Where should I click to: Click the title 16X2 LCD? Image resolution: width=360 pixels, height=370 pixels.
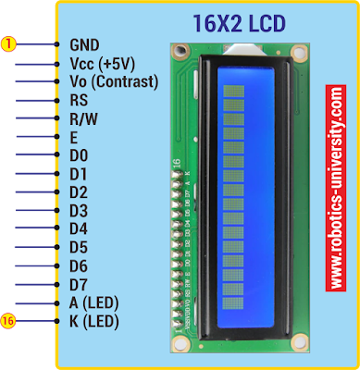(x=240, y=23)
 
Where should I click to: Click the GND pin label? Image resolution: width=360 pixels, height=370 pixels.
(x=84, y=43)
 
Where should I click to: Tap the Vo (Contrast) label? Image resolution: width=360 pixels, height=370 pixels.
(x=114, y=81)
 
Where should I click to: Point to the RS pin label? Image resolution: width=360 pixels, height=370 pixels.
(x=80, y=100)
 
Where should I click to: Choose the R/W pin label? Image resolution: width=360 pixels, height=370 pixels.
(x=83, y=118)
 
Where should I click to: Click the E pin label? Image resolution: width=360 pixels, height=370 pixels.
(x=74, y=137)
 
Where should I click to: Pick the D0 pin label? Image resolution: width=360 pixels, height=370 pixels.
(x=79, y=155)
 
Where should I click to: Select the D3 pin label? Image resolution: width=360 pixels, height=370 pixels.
(x=79, y=210)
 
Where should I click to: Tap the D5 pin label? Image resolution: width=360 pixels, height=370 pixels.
(x=79, y=247)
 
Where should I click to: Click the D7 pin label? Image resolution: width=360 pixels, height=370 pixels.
(x=79, y=284)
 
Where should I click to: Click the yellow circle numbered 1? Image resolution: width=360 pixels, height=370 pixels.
(x=7, y=43)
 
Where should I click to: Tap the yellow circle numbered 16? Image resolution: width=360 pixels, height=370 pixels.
(x=7, y=321)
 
